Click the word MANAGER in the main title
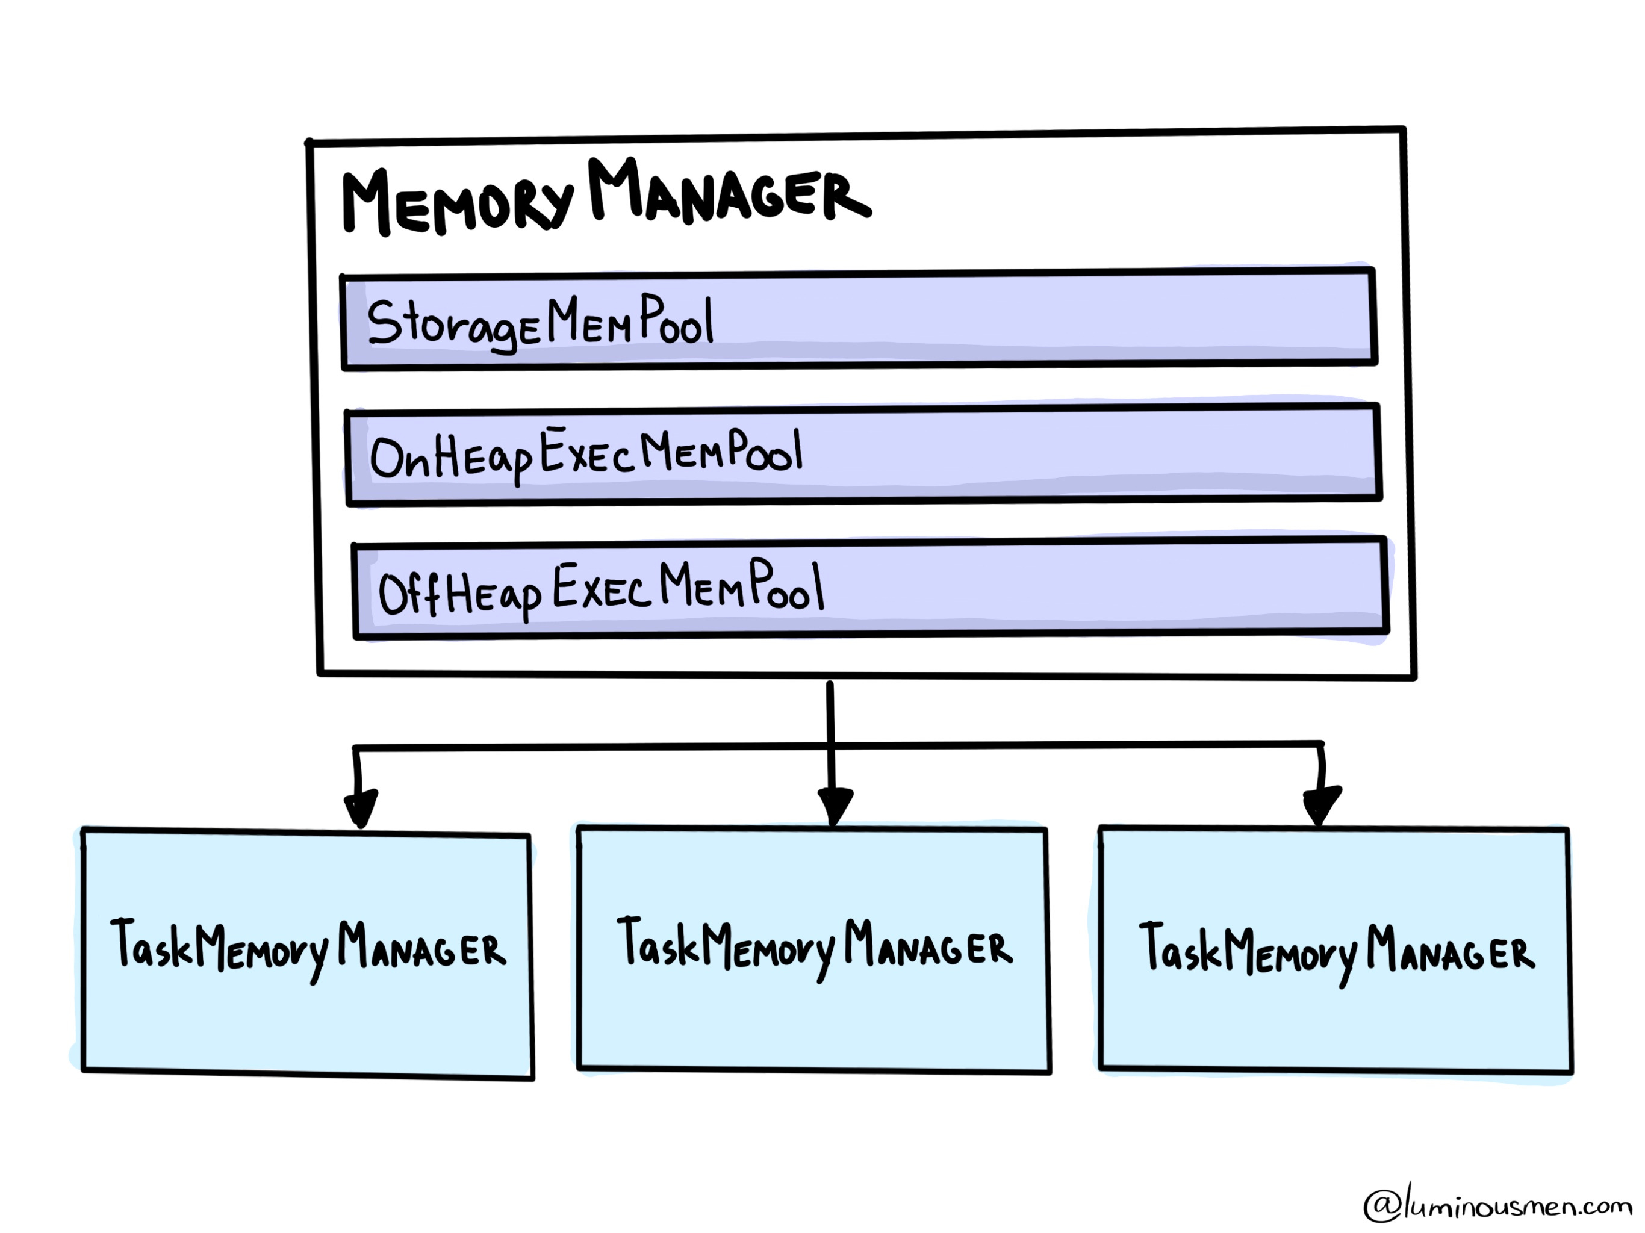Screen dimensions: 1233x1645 pyautogui.click(x=729, y=192)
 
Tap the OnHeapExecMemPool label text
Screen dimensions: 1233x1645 pyautogui.click(x=586, y=453)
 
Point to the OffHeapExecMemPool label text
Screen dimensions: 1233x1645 pyautogui.click(x=601, y=589)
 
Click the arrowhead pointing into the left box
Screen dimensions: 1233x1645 pyautogui.click(x=361, y=807)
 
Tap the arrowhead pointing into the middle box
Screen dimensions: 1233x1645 pyautogui.click(x=835, y=805)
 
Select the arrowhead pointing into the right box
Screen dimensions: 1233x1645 pyautogui.click(x=1321, y=805)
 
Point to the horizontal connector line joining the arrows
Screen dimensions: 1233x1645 pyautogui.click(x=595, y=746)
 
